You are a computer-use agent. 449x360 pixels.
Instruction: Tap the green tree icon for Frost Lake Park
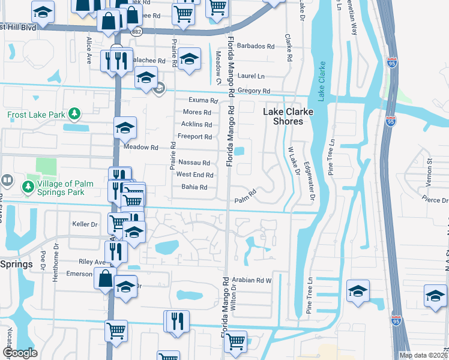[74, 113]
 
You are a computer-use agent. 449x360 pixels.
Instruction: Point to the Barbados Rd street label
[255, 46]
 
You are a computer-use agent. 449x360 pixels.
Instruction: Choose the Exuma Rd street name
[201, 100]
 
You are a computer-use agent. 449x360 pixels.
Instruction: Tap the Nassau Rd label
[194, 163]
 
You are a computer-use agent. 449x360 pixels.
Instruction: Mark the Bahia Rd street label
[194, 187]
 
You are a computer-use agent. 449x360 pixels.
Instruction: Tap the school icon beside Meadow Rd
[125, 127]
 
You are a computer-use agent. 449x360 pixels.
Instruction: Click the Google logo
[20, 353]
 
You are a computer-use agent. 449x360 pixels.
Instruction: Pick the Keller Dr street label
[85, 224]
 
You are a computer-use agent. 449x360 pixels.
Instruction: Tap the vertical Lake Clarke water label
[322, 80]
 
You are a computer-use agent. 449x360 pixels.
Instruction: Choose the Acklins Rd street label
[196, 125]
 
